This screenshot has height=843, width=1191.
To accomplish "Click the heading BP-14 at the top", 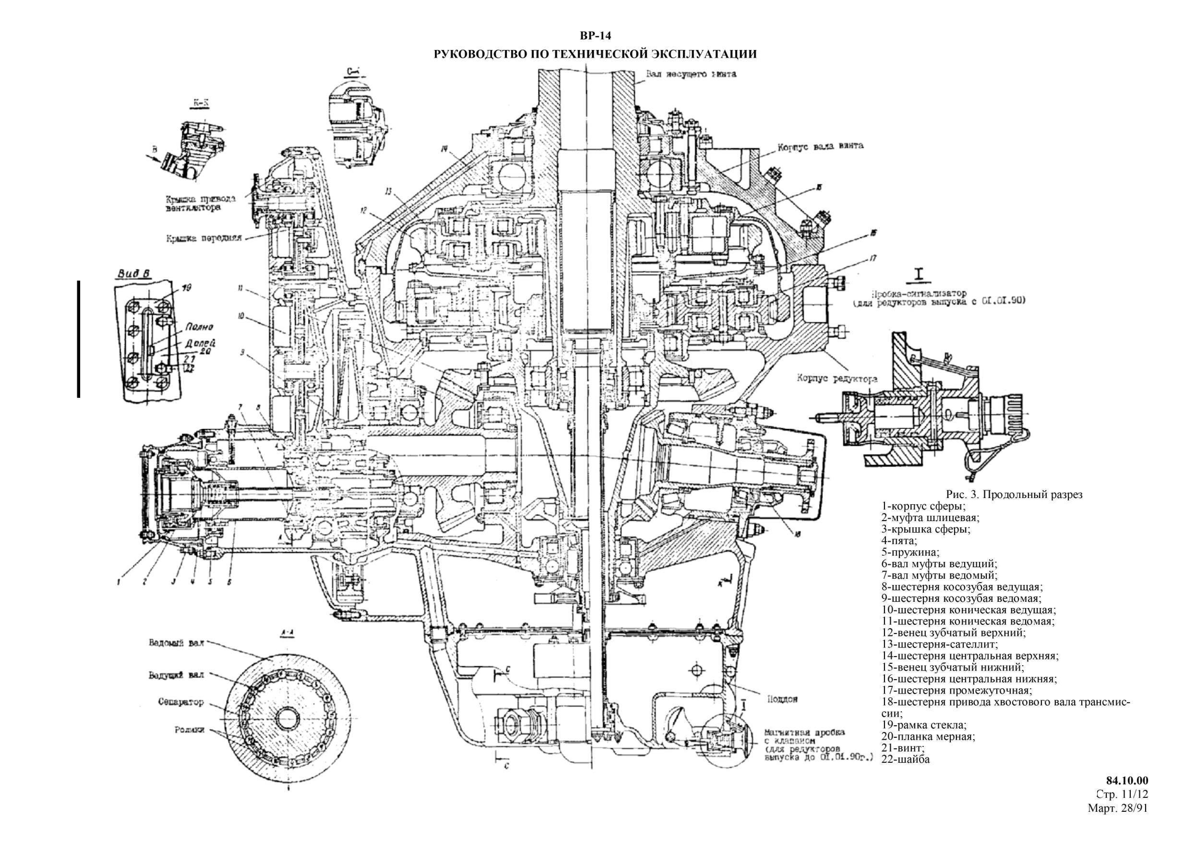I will pos(595,36).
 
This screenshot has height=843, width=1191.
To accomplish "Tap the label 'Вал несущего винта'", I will pos(691,74).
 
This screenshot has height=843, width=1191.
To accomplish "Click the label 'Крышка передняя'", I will pos(204,239).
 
